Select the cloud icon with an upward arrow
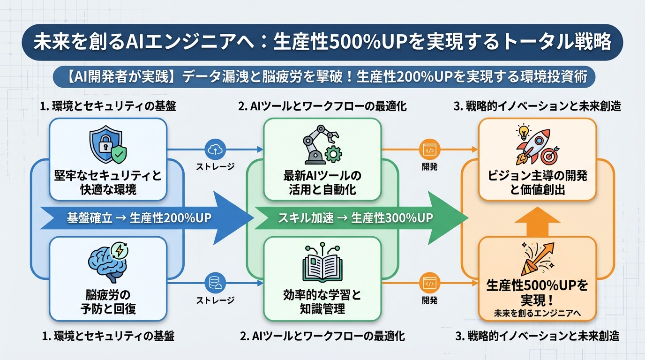pyautogui.click(x=215, y=150)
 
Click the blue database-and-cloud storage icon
pyautogui.click(x=215, y=283)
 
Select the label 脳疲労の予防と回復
pyautogui.click(x=108, y=302)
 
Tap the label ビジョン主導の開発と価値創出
pyautogui.click(x=537, y=183)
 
